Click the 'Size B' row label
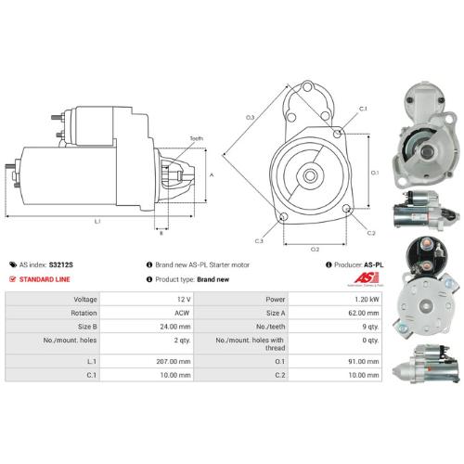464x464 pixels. pyautogui.click(x=80, y=327)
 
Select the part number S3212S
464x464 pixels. pyautogui.click(x=60, y=264)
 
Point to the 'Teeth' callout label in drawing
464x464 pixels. pyautogui.click(x=197, y=139)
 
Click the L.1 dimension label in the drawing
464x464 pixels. pyautogui.click(x=98, y=222)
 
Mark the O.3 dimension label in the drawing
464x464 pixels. pyautogui.click(x=251, y=118)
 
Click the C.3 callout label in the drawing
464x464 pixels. pyautogui.click(x=259, y=241)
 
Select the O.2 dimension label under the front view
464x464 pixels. pyautogui.click(x=315, y=249)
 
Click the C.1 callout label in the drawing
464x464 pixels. pyautogui.click(x=363, y=110)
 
